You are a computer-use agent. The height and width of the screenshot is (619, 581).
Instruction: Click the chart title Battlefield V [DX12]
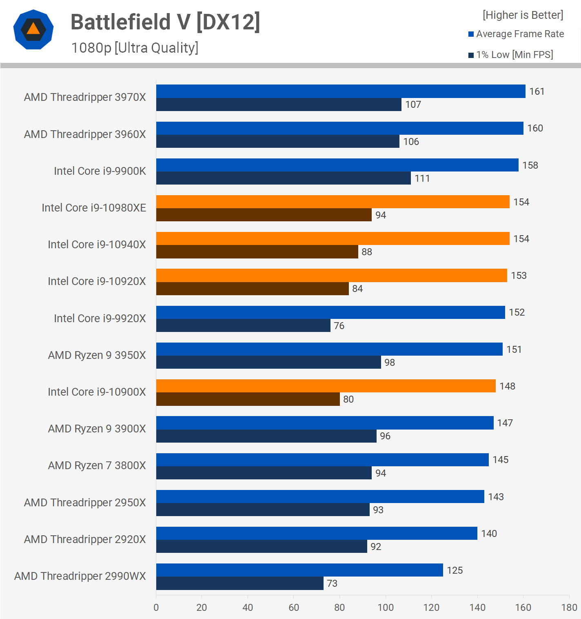pos(165,22)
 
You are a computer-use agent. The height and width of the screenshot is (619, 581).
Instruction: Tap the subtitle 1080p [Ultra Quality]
pos(135,48)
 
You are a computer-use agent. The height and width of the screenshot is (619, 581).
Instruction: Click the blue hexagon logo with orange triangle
pos(33,29)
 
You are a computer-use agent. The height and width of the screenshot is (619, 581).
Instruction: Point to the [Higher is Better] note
pos(523,15)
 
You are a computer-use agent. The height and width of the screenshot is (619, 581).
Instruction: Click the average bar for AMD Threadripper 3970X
pos(341,91)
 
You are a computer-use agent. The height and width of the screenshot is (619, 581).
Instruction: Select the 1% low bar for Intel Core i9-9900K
pos(283,178)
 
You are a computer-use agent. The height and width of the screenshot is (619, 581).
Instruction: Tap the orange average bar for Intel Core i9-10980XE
pos(333,202)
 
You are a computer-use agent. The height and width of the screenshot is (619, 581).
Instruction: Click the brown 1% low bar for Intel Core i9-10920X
pos(252,289)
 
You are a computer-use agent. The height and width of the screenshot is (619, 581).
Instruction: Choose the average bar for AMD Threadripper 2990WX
pos(299,570)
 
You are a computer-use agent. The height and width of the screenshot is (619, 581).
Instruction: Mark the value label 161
pos(537,91)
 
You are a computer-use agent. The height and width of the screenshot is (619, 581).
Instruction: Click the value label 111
pos(422,178)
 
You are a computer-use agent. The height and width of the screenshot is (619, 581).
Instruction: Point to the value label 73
pos(332,583)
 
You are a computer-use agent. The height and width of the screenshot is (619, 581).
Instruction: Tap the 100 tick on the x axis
pos(386,608)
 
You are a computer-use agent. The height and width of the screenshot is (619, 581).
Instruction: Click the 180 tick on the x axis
pos(569,608)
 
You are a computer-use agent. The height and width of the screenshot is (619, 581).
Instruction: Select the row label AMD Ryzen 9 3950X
pos(97,355)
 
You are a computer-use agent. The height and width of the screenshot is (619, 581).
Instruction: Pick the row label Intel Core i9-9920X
pos(100,318)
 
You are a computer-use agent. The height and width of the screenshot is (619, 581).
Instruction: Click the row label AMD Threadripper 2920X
pos(85,539)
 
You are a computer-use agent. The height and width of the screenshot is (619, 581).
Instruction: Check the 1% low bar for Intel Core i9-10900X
pos(248,399)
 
